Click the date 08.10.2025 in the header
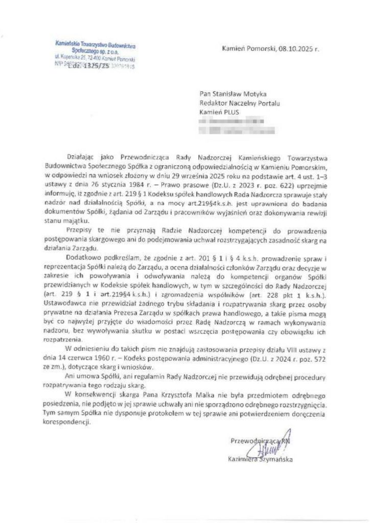295,51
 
